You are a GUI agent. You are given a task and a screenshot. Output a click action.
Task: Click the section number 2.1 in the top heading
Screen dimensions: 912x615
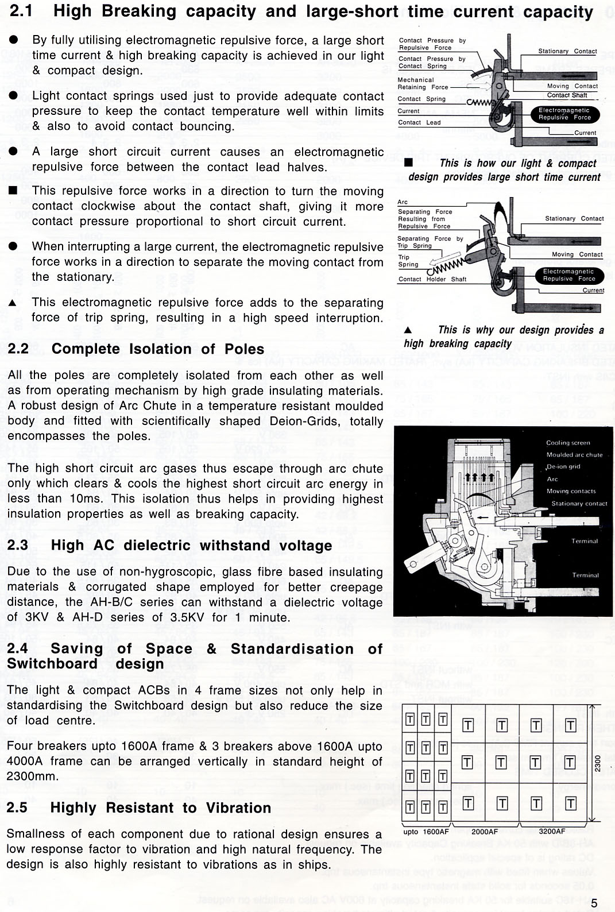21,11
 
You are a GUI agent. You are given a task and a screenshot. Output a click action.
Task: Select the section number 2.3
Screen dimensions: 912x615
18,545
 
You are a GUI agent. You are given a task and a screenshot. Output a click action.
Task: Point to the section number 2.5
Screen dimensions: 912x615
17,807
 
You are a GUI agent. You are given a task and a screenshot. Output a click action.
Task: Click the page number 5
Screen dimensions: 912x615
594,903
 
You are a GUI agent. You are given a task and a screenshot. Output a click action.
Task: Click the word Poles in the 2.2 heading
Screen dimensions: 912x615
245,349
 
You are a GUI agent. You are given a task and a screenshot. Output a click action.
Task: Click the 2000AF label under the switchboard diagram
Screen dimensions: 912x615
485,832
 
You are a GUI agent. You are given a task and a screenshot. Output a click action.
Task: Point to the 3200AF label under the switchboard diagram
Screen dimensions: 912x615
552,832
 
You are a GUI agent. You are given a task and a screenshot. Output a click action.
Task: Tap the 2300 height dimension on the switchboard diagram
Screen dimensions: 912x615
598,763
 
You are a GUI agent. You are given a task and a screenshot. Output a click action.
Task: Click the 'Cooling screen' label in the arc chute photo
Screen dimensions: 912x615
568,443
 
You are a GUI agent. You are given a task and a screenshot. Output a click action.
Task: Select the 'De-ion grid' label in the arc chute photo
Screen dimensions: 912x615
563,467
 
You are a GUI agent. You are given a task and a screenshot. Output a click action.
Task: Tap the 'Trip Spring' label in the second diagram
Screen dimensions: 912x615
408,261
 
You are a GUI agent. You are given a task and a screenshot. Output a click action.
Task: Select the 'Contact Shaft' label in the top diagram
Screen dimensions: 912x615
567,95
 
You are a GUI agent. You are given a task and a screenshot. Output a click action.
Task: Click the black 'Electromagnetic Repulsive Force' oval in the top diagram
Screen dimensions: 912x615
564,114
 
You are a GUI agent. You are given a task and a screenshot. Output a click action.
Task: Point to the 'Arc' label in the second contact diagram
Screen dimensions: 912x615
403,202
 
